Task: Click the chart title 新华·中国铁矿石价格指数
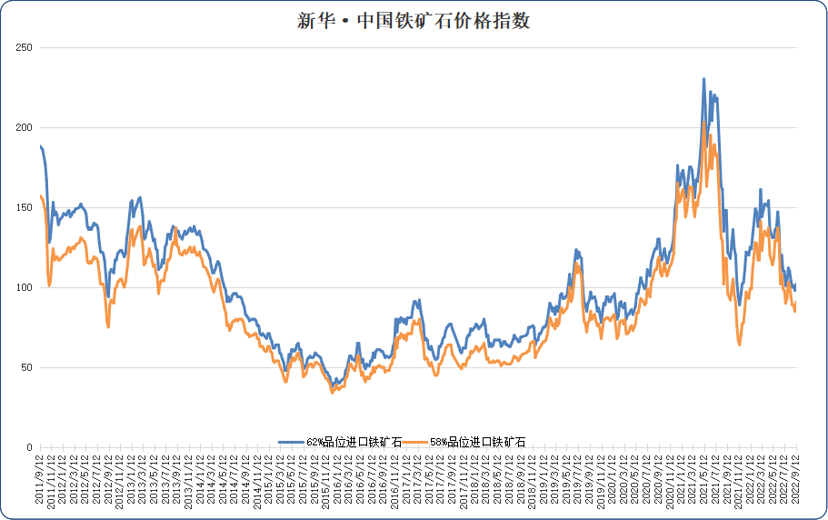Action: (x=414, y=21)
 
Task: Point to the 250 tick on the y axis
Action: (x=25, y=47)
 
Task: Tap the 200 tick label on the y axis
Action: (x=25, y=127)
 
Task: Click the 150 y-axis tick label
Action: (x=25, y=207)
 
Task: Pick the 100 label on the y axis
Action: (x=25, y=287)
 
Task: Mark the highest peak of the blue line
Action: (x=703, y=79)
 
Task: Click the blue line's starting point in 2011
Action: (x=41, y=145)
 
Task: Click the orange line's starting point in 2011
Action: (x=41, y=195)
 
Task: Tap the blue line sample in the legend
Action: (x=291, y=442)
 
